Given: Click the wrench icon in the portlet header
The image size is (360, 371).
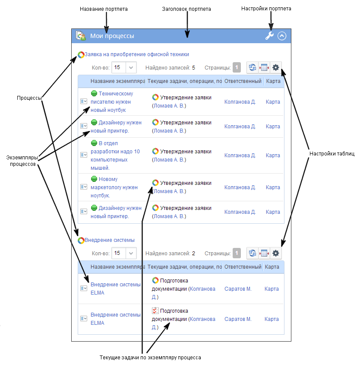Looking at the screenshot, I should click(x=269, y=36).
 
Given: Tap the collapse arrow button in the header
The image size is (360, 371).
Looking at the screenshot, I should click(x=282, y=36).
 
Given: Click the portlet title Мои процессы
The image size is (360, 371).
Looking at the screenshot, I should click(x=112, y=36).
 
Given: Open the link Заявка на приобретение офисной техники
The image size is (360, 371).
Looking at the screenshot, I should click(x=136, y=54).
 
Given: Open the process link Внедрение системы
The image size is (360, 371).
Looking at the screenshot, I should click(x=109, y=240).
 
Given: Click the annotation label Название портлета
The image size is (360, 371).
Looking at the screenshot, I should click(x=104, y=9).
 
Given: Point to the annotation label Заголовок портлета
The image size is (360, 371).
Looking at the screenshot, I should click(x=186, y=9).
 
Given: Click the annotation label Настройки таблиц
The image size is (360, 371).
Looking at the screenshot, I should click(x=332, y=154).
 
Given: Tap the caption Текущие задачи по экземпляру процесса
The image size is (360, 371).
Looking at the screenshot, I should click(x=150, y=358).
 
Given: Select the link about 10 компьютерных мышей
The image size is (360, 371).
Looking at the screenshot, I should click(x=115, y=155).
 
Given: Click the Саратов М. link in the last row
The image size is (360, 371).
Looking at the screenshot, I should click(x=238, y=319).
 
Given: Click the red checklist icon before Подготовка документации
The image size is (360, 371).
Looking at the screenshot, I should click(x=155, y=311).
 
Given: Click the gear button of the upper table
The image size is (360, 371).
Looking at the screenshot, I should click(x=276, y=67).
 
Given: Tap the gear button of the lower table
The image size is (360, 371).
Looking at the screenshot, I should click(x=276, y=253).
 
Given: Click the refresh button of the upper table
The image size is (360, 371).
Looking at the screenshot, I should click(x=253, y=67).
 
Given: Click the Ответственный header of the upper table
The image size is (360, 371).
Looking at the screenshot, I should click(x=243, y=81).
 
